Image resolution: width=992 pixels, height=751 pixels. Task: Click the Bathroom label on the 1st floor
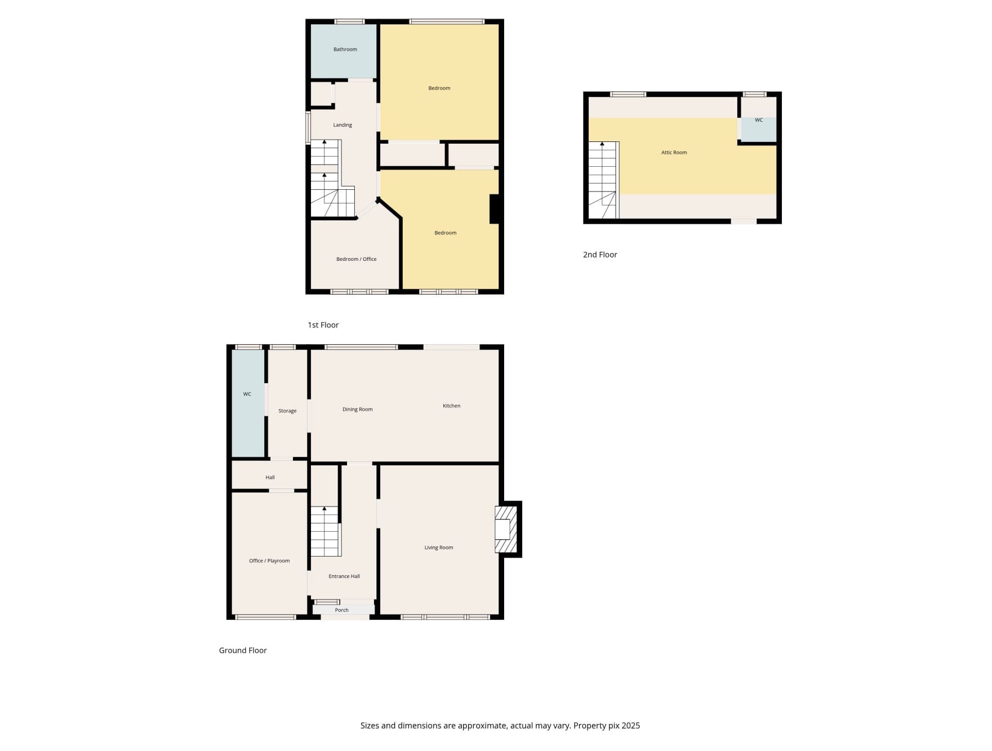[x=345, y=50]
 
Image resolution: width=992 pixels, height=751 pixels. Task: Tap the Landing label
[x=342, y=125]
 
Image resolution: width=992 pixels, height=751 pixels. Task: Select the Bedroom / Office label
[x=356, y=259]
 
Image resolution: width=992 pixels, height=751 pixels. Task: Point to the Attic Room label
[x=674, y=153]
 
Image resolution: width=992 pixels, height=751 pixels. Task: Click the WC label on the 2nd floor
[x=759, y=120]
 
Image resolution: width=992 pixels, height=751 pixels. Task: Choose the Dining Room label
[x=357, y=410]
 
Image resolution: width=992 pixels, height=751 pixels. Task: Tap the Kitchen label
[x=451, y=406]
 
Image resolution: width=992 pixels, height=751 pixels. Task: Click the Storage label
[x=287, y=411]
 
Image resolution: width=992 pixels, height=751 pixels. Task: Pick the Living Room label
[x=438, y=548]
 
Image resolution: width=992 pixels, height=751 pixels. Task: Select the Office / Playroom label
[x=269, y=561]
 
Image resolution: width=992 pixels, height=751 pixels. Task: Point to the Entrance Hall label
[x=344, y=576]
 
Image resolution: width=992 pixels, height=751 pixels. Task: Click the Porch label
[x=341, y=610]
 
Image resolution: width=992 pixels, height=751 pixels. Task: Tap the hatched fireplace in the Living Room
[x=505, y=530]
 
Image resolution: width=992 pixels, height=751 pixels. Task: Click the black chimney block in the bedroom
[x=495, y=209]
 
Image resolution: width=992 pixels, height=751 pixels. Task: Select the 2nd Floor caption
[x=600, y=255]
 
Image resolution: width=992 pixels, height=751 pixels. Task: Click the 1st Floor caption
[x=323, y=325]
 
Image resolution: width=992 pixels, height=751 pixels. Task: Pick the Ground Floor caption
[x=243, y=650]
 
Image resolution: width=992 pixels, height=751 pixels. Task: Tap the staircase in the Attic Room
[x=604, y=180]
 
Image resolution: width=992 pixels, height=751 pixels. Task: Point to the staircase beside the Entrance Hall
[x=325, y=531]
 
